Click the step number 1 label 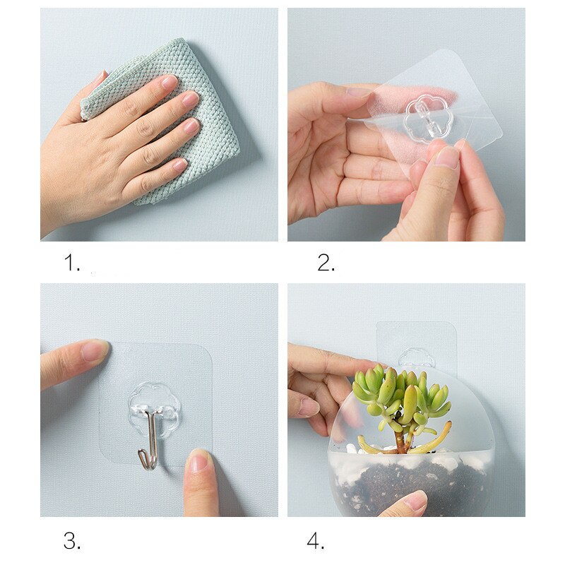[72, 262]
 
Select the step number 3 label [72, 540]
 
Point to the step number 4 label [316, 540]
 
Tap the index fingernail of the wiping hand [169, 82]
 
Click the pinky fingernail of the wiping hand [180, 165]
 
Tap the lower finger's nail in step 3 [198, 463]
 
